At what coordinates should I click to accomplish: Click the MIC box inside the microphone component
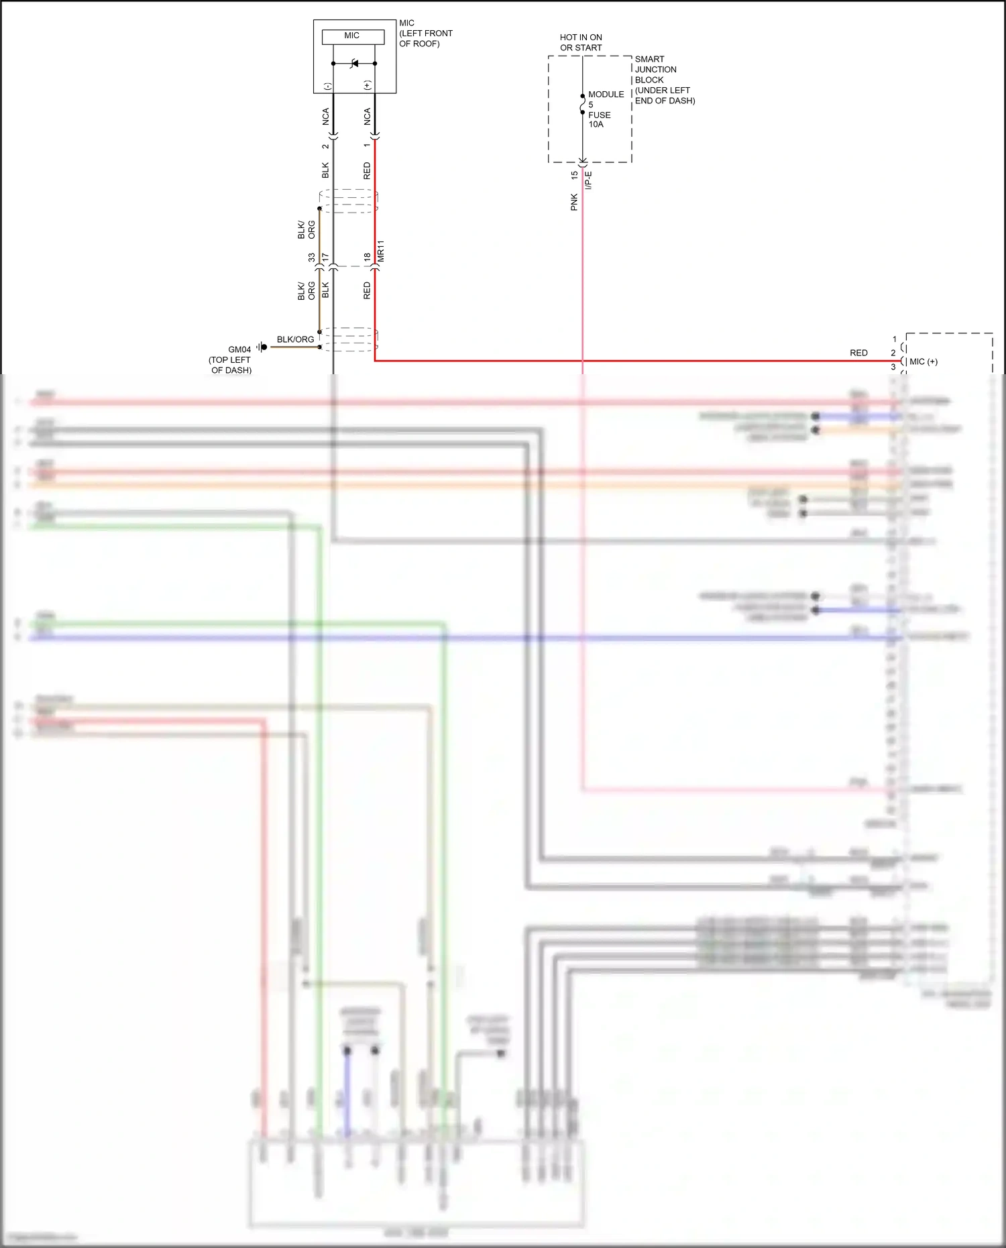pos(353,36)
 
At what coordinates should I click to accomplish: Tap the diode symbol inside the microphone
pos(354,64)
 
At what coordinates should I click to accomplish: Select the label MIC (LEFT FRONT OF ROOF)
pos(425,34)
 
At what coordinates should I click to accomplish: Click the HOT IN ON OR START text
pos(581,42)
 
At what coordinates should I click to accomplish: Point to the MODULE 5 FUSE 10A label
pos(605,109)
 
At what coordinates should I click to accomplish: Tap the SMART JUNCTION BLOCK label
pos(664,80)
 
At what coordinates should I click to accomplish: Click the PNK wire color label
pos(574,202)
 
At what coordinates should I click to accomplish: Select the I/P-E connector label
pos(589,180)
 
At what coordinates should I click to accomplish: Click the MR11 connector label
pos(381,251)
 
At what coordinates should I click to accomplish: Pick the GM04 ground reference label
pos(239,349)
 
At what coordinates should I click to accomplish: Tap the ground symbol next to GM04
pos(262,347)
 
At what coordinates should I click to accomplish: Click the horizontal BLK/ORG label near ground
pos(295,339)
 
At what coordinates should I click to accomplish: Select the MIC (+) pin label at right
pos(924,361)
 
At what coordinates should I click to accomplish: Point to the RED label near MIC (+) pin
pos(858,353)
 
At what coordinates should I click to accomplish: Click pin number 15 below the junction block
pos(574,175)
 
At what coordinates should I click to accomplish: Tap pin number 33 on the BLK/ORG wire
pos(312,258)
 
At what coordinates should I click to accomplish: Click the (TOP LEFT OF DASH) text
pos(231,365)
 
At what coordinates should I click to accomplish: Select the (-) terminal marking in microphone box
pos(327,86)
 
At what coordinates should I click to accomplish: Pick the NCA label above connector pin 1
pos(367,117)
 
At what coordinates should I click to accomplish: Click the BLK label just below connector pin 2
pos(325,170)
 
